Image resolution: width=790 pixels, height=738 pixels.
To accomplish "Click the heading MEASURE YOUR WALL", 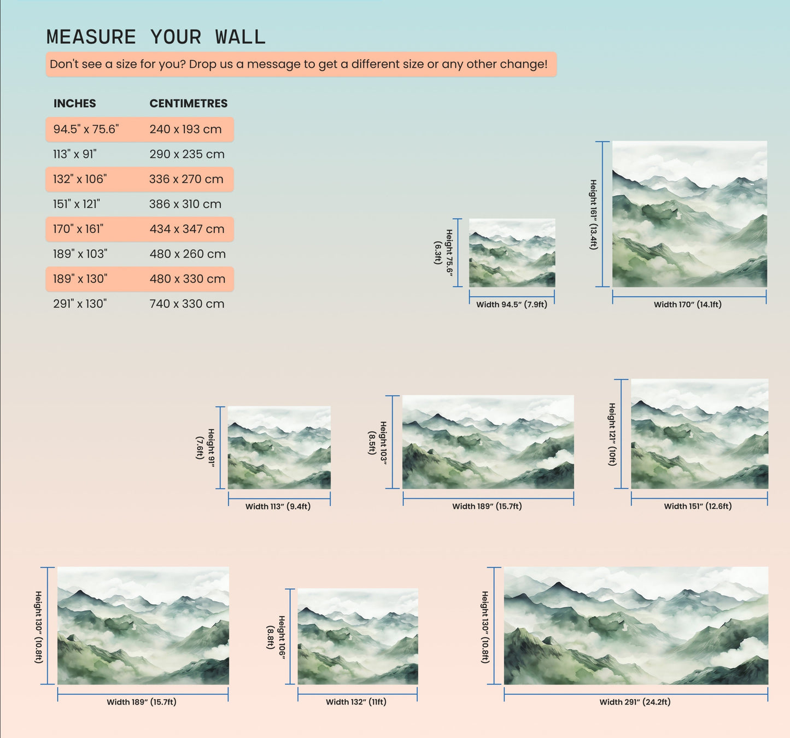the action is coord(156,37).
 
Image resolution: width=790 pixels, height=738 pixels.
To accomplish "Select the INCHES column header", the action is coord(75,103).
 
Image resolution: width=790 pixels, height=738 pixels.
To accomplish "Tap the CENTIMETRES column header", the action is coord(189,103).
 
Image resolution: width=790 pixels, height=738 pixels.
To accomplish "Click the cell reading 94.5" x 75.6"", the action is coord(86,130).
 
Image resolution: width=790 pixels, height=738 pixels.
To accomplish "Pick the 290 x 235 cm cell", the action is coord(187,154).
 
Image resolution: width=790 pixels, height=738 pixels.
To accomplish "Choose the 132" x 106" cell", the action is coord(80,179).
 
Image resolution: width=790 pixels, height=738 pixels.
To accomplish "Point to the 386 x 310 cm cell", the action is coord(185,204).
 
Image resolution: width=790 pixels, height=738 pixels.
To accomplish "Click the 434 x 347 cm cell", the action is coord(187,229).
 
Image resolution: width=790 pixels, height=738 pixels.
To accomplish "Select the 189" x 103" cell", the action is coord(80,254).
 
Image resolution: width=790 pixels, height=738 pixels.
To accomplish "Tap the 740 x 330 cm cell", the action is coord(187,303).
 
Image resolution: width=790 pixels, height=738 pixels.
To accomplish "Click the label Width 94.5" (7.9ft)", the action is coord(512,304).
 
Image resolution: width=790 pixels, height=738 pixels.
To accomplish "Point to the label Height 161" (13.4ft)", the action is coord(593,214).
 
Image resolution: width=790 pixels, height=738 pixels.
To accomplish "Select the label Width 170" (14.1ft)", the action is coord(687,304).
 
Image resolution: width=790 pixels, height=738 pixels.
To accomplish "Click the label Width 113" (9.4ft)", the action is coord(278,506).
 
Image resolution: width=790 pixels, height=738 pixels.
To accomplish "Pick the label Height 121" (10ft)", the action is coord(612,435).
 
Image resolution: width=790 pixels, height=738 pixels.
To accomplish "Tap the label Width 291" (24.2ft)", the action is coord(635,702).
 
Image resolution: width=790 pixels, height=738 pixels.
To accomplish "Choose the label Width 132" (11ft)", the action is coord(356,702).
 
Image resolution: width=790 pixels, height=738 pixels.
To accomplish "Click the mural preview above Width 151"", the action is coord(700,434).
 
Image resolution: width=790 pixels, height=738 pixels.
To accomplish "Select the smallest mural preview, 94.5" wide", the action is coord(512,253).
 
